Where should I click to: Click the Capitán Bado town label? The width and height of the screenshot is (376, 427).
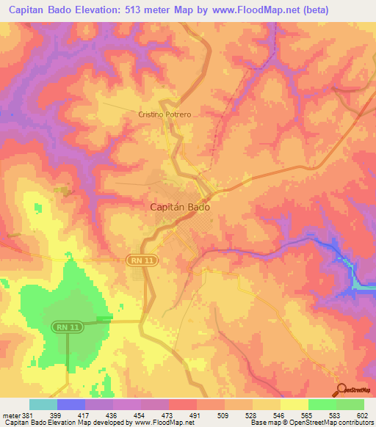click(181, 208)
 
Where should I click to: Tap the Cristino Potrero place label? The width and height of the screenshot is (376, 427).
click(170, 115)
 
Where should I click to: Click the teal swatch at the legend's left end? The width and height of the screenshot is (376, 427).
click(43, 404)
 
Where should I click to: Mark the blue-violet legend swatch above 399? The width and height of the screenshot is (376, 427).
click(70, 404)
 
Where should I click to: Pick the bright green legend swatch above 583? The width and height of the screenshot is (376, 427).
click(322, 404)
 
